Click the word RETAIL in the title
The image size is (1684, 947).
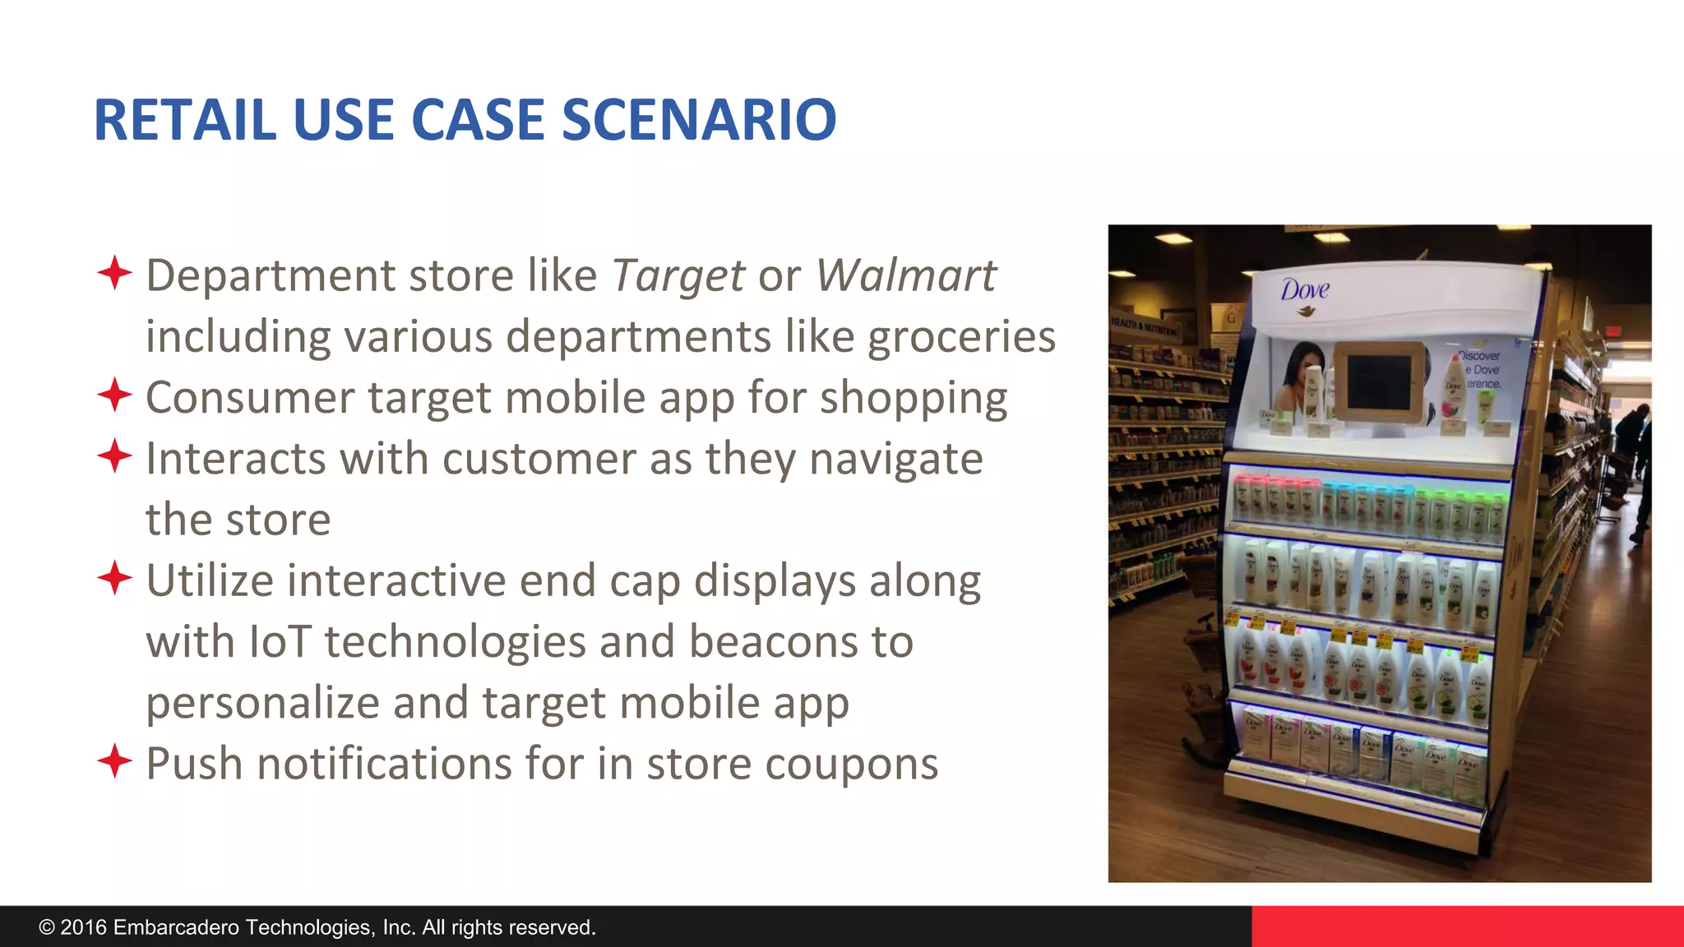(185, 120)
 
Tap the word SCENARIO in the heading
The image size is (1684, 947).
(699, 120)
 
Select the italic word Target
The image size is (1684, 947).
(678, 275)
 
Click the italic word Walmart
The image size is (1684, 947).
(905, 275)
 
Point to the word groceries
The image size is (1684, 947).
(961, 337)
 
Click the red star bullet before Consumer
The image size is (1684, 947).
(114, 395)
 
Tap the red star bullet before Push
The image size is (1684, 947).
(114, 761)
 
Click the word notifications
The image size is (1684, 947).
(384, 765)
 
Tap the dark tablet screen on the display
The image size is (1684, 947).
(1379, 382)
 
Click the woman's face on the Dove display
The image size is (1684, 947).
(1304, 370)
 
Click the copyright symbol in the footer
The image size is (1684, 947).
(47, 928)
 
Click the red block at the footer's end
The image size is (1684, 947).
(1467, 926)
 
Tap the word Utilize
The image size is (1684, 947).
(209, 581)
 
